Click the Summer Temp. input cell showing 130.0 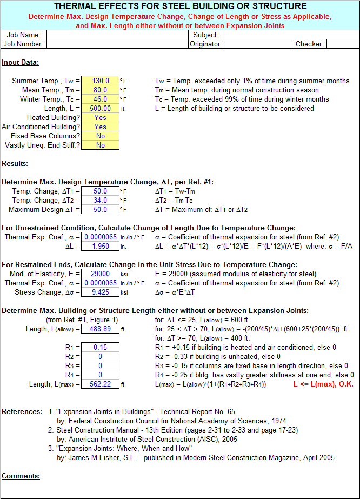(x=100, y=81)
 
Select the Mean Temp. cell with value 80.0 (x=100, y=90)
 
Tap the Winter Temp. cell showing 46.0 (x=100, y=99)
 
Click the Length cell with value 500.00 (x=100, y=109)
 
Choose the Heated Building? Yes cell (x=100, y=118)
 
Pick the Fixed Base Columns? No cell (x=100, y=136)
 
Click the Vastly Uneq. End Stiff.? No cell (x=100, y=145)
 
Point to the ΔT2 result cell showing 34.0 (x=100, y=201)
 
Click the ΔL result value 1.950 (x=100, y=247)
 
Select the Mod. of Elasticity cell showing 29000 (x=100, y=274)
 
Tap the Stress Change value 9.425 (x=100, y=292)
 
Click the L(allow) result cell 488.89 (x=100, y=329)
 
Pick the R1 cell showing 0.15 (x=100, y=348)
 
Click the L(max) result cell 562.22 (x=100, y=384)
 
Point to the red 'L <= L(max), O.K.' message (x=323, y=384)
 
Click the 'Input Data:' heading (x=20, y=63)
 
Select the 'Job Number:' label (x=24, y=44)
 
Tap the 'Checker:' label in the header (x=309, y=44)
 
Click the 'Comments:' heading (x=21, y=476)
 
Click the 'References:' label (x=22, y=412)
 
